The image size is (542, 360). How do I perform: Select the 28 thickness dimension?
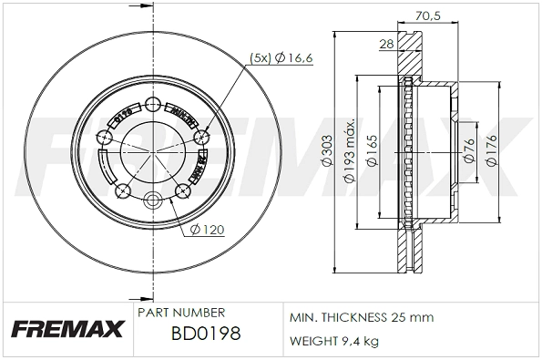[x=386, y=43]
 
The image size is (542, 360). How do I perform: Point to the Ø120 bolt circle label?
[x=209, y=230]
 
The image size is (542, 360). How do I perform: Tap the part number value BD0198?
[x=205, y=334]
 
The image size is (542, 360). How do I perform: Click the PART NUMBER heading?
[x=175, y=312]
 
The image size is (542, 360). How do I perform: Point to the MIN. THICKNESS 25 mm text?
[x=361, y=318]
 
